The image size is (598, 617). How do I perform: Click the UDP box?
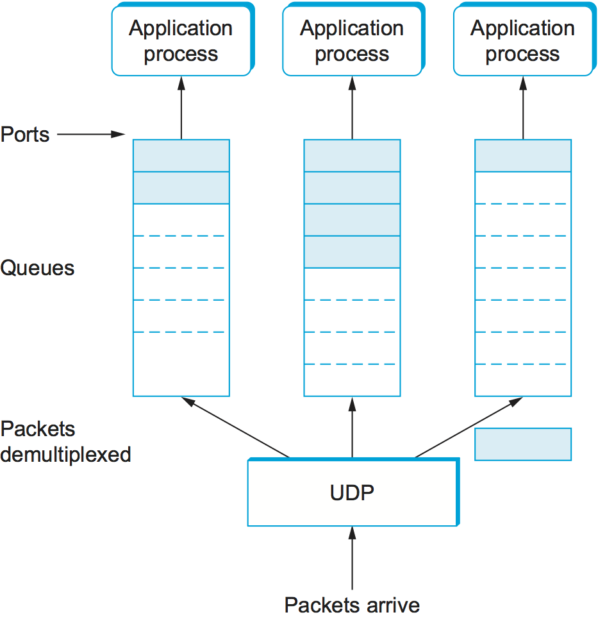352,493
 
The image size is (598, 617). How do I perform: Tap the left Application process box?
181,41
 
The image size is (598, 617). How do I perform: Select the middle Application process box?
352,41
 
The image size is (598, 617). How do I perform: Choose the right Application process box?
522,41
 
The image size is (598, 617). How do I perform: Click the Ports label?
25,135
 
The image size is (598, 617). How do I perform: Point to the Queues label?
37,267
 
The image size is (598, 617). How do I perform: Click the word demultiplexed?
66,455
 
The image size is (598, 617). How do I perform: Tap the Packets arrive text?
352,604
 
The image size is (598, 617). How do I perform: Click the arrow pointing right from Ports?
90,135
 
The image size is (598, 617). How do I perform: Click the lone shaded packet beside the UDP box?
522,444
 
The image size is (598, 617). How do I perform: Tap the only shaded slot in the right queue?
522,156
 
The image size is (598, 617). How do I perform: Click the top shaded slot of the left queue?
181,156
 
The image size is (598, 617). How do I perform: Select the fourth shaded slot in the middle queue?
352,252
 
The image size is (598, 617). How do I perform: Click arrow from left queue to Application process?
181,108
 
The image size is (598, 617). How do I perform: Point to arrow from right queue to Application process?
522,108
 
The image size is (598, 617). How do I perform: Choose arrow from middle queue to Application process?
352,108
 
